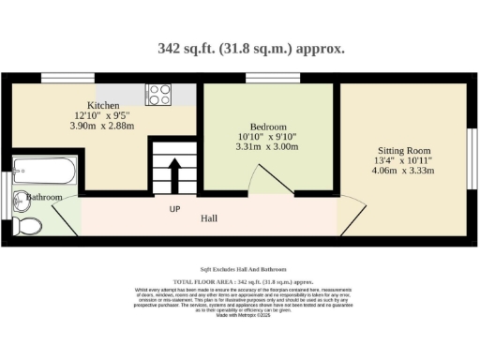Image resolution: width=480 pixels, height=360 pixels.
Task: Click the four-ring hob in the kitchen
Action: [x=158, y=94]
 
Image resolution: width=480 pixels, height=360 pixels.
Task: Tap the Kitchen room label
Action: [x=103, y=105]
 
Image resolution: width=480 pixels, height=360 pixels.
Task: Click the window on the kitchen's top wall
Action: [x=58, y=79]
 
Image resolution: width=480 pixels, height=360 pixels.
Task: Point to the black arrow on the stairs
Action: [x=173, y=174]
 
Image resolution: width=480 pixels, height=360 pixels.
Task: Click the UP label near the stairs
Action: [x=174, y=208]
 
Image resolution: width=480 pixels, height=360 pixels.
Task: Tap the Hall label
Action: [x=210, y=218]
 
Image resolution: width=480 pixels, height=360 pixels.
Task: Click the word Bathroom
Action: [x=44, y=198]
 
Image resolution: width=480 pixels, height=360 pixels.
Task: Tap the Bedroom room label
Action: [x=268, y=126]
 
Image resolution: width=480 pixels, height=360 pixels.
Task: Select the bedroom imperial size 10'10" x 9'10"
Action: [x=268, y=137]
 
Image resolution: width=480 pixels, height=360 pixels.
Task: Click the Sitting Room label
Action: [x=404, y=150]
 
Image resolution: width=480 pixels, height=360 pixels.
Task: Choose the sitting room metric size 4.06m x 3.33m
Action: [x=404, y=172]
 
